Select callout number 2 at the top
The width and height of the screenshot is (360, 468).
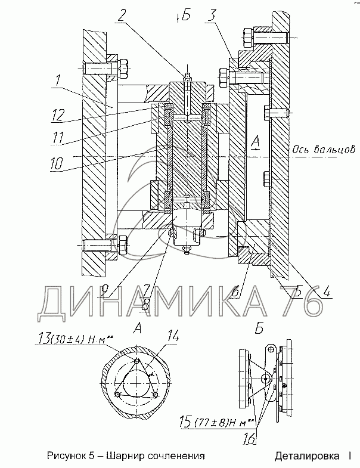point(121,15)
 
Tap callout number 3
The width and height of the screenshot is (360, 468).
point(212,16)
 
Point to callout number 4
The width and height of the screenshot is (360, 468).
point(327,290)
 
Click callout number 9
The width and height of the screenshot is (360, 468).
point(104,289)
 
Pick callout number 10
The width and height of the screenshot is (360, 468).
point(57,163)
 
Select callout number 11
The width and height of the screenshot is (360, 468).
point(58,137)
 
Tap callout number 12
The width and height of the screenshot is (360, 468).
point(58,115)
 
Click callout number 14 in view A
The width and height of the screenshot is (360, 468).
point(172,336)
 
